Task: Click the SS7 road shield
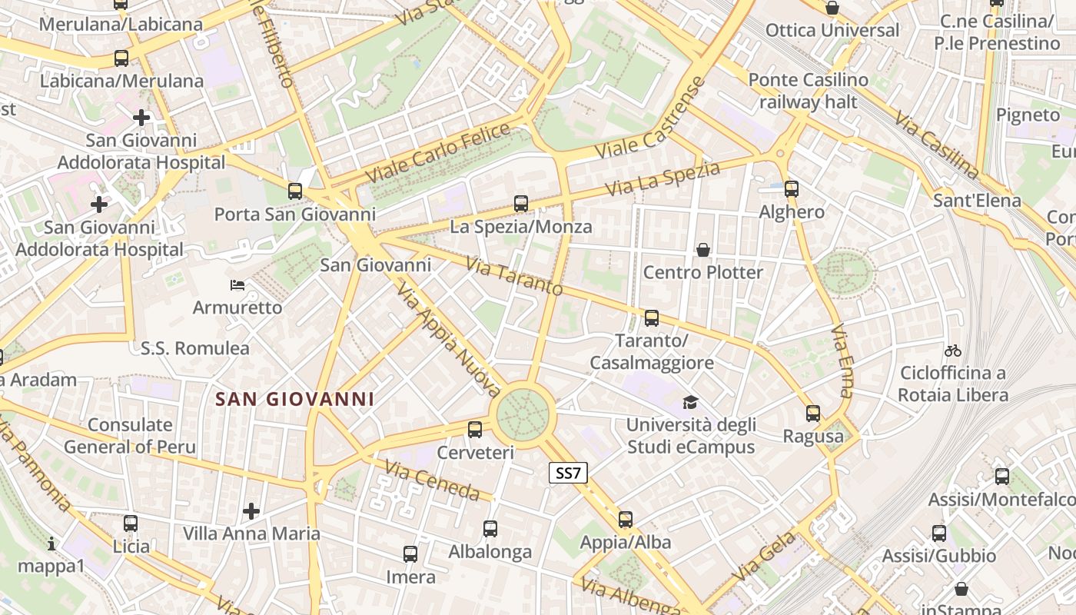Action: click(x=568, y=473)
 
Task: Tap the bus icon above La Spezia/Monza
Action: click(x=521, y=204)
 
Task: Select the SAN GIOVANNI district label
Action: click(x=295, y=399)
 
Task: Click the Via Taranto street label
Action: click(x=514, y=278)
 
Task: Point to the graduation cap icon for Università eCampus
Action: click(x=690, y=403)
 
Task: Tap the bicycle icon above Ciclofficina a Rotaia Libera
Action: click(x=953, y=351)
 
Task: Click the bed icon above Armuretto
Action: click(x=237, y=285)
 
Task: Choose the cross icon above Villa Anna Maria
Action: click(x=251, y=510)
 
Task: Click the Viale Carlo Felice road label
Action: click(x=438, y=153)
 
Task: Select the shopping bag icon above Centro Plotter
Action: click(x=702, y=250)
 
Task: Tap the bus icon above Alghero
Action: click(x=792, y=188)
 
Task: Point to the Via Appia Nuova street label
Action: click(x=450, y=339)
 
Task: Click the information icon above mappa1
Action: click(x=51, y=544)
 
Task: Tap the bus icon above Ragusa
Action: click(x=813, y=414)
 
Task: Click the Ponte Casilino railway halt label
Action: click(x=808, y=91)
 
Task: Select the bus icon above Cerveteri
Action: click(x=475, y=430)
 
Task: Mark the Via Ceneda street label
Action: click(x=432, y=480)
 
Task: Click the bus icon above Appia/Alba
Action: click(x=626, y=520)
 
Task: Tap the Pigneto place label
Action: click(x=1028, y=115)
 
